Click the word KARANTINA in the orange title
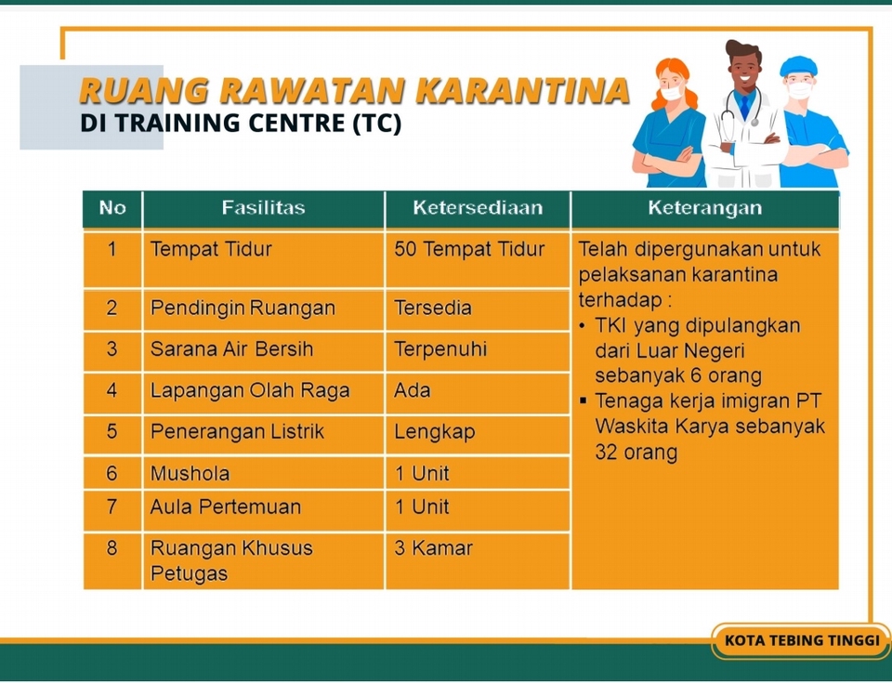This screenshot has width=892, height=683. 522,90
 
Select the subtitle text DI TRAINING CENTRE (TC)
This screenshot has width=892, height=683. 241,123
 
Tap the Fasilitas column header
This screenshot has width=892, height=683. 263,208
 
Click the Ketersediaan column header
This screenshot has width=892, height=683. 478,208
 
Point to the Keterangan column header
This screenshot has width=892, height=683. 705,208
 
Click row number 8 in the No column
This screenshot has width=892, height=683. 111,548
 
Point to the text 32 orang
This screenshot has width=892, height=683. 636,453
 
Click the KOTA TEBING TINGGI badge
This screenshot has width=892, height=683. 802,641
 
